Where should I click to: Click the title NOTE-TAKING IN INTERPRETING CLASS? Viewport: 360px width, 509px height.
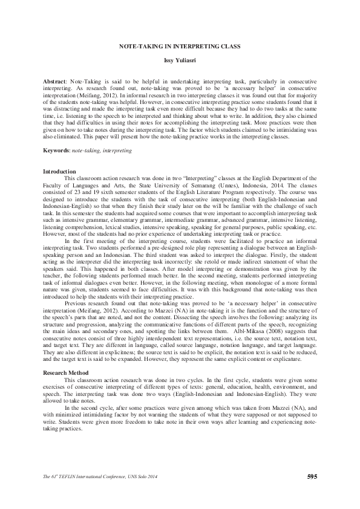pos(180,46)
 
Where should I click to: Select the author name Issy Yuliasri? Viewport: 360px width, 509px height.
pos(180,61)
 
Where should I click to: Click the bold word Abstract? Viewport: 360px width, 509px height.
pos(55,80)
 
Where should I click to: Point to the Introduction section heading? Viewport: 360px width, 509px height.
pos(59,172)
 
